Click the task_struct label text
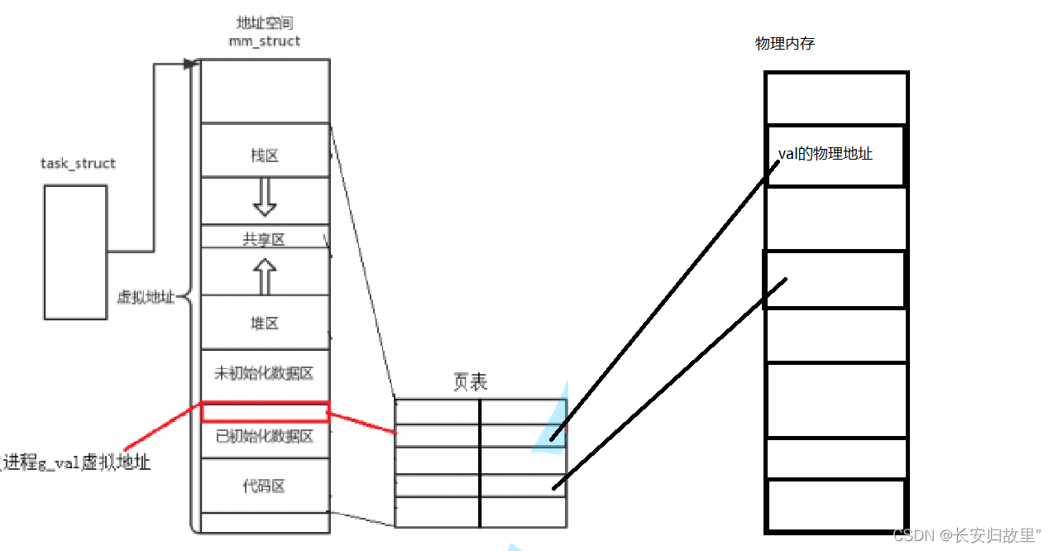[x=78, y=164]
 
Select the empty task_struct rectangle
[x=75, y=252]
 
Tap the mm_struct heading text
[x=265, y=41]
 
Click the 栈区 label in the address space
[x=264, y=156]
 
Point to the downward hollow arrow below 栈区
[x=264, y=197]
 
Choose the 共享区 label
[x=264, y=239]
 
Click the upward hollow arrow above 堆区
[x=264, y=276]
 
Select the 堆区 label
[x=264, y=323]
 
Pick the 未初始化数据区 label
[x=264, y=373]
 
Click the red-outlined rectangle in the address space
[x=266, y=412]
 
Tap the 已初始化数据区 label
[x=264, y=436]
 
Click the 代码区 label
[x=264, y=486]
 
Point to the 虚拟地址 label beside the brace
[x=146, y=297]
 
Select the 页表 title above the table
[x=470, y=381]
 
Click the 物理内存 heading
[x=784, y=44]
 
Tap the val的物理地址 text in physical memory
[x=826, y=154]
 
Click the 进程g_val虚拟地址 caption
[x=76, y=462]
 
